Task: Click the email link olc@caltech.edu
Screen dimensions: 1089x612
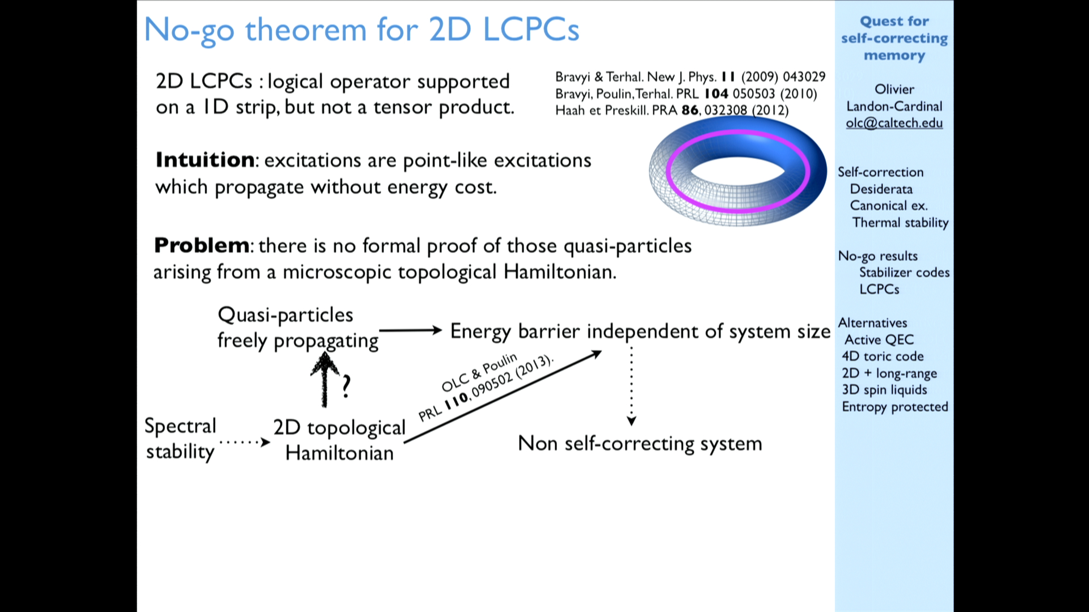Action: coord(894,123)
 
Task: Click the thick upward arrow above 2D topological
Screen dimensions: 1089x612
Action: coord(325,379)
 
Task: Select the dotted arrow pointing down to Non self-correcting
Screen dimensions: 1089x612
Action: coord(631,386)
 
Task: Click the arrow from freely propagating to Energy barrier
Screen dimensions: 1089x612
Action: coord(411,330)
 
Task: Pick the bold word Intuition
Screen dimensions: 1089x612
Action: coord(205,160)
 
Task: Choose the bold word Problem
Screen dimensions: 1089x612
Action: coord(201,245)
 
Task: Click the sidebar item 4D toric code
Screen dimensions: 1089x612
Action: coord(883,356)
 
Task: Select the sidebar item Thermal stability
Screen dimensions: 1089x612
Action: coord(900,223)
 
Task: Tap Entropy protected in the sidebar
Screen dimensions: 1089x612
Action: coord(895,407)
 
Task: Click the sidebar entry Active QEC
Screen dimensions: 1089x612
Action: coord(879,339)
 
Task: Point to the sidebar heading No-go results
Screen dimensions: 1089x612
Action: coord(878,256)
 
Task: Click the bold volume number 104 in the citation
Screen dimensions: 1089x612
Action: coord(716,93)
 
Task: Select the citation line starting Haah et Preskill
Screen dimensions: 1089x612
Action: coord(672,110)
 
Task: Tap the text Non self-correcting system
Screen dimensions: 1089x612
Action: coord(640,443)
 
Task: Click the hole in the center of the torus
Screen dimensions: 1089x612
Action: coord(737,170)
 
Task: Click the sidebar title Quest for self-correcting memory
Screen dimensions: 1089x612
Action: coord(894,38)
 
